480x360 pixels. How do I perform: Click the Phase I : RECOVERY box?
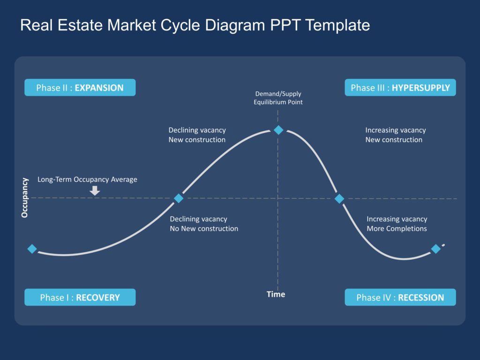click(80, 297)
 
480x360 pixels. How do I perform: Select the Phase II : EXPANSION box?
click(80, 88)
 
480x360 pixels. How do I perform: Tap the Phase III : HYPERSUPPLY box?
click(400, 88)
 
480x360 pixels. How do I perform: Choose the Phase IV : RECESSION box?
click(400, 297)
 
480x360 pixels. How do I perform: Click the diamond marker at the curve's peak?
click(278, 130)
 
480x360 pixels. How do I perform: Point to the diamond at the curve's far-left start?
click(32, 249)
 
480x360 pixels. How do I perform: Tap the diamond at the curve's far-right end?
click(435, 249)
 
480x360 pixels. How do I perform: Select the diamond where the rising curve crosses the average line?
click(179, 198)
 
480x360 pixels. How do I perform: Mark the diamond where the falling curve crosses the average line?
click(339, 199)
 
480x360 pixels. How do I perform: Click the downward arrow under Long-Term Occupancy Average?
click(95, 190)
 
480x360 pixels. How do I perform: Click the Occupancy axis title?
click(25, 197)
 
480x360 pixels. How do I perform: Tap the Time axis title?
click(276, 294)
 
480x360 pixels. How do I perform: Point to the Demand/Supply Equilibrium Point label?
click(278, 98)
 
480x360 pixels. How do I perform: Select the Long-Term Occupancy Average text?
click(87, 179)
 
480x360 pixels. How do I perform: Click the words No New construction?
click(204, 229)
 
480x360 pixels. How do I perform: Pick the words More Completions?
click(397, 229)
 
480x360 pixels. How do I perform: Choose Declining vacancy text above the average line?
click(197, 130)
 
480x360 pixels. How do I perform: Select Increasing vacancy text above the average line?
click(395, 130)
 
